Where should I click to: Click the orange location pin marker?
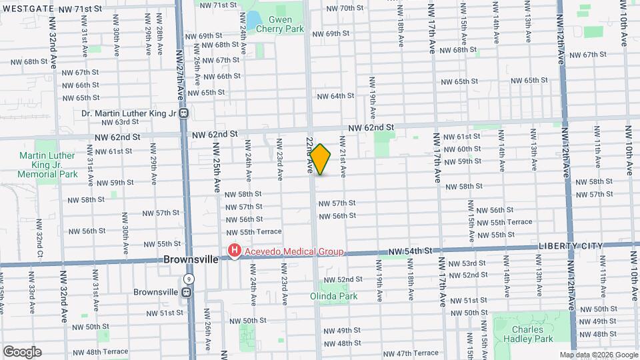click(x=320, y=159)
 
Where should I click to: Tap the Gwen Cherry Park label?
click(x=285, y=25)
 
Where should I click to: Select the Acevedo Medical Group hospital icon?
click(x=234, y=251)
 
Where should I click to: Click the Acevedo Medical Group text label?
click(x=293, y=252)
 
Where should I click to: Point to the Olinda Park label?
click(x=334, y=296)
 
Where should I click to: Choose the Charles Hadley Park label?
click(x=533, y=334)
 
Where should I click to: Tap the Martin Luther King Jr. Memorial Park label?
click(x=49, y=165)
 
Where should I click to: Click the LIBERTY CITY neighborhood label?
click(x=570, y=246)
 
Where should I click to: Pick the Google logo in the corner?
click(x=22, y=352)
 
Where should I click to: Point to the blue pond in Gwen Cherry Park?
click(x=254, y=19)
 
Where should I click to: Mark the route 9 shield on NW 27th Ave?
click(x=190, y=279)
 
